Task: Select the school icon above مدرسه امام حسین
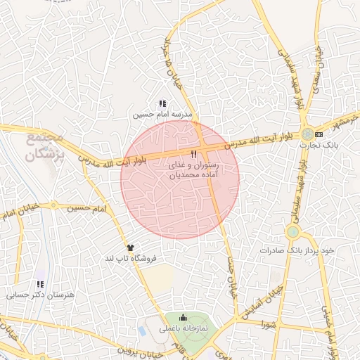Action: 162,103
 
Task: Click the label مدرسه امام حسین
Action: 162,112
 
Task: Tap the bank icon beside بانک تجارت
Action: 319,134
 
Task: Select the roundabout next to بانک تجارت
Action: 307,134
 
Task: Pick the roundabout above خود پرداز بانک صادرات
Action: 293,231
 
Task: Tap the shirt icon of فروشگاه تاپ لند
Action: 130,247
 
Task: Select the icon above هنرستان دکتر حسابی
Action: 40,284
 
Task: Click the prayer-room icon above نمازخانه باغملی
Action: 184,318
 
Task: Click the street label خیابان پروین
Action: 131,349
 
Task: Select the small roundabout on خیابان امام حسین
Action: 53,206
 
